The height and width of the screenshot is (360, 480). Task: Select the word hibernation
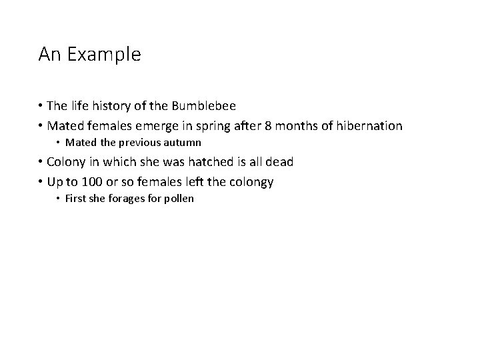[x=369, y=126]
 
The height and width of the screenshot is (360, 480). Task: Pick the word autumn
[x=183, y=143]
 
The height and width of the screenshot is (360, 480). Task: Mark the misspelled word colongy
[x=251, y=181]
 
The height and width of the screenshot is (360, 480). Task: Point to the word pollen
[x=177, y=198]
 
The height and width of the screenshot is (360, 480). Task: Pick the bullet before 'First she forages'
[x=59, y=198]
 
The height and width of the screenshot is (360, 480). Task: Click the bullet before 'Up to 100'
[x=41, y=181]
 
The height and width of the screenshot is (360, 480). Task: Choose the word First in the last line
[x=77, y=198]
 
